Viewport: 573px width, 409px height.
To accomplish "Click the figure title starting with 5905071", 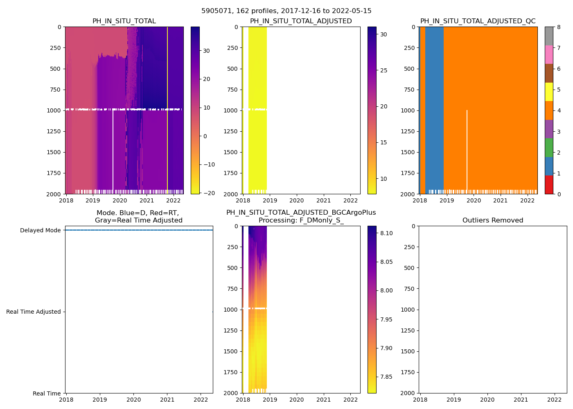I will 286,11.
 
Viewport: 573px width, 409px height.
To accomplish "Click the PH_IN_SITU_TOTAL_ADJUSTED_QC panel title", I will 478,21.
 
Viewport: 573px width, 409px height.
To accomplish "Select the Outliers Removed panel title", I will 492,220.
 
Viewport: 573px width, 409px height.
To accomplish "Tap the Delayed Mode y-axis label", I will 40,230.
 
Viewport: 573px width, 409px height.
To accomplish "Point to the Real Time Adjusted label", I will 33,312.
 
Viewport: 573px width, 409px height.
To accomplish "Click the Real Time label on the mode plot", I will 47,393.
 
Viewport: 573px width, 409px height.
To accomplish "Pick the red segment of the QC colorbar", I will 549,184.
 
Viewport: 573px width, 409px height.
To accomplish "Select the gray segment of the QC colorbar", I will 549,36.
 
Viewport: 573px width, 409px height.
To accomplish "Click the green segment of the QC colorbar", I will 549,147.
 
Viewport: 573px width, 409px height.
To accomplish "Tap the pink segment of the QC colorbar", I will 549,54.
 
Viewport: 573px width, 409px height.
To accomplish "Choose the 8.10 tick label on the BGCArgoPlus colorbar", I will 386,233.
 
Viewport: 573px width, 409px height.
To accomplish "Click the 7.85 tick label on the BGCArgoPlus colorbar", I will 386,377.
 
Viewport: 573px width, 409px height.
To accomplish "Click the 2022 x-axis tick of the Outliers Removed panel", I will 555,400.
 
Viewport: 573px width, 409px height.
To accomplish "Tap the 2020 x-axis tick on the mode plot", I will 133,400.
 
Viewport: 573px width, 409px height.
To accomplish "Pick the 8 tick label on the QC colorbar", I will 559,27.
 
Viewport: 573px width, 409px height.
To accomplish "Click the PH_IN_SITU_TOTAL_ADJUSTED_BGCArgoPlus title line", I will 301,213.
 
